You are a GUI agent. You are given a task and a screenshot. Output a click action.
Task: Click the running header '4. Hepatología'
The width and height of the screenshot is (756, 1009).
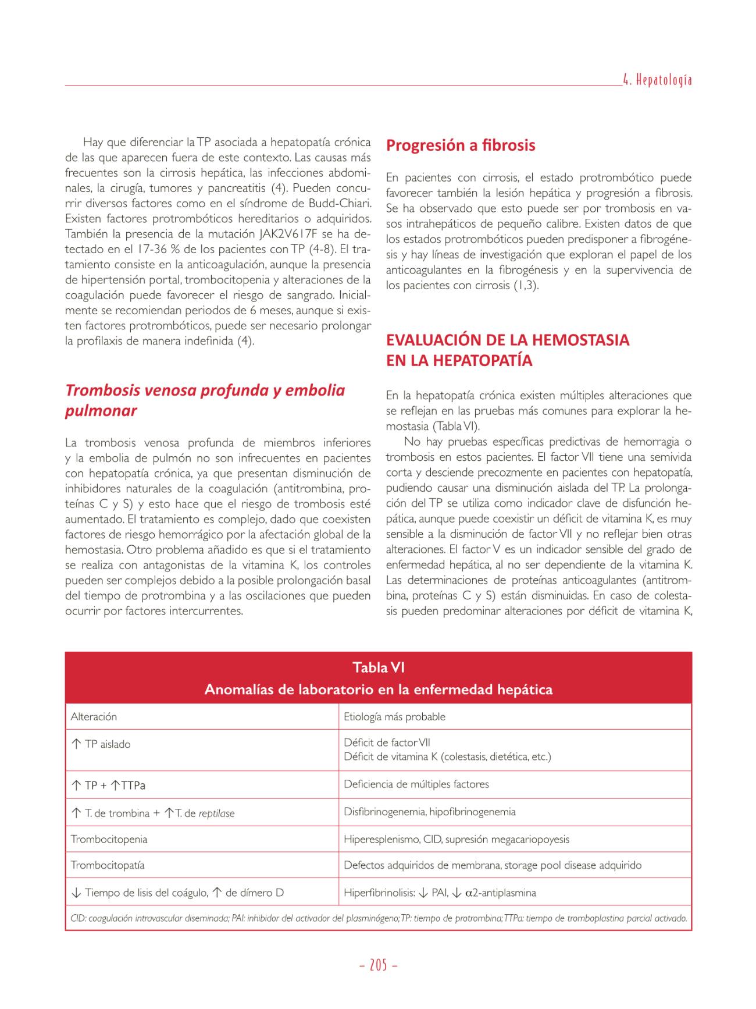coord(657,80)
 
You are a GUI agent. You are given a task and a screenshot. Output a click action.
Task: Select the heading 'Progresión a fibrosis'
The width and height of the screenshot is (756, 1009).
coord(461,145)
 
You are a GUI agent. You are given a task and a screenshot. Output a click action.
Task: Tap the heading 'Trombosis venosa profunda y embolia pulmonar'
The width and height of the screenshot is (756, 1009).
coord(205,400)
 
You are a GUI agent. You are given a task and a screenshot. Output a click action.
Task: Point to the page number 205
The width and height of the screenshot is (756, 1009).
coord(378,965)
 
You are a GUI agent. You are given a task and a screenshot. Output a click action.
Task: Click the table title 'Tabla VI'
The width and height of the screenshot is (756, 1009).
coord(378,668)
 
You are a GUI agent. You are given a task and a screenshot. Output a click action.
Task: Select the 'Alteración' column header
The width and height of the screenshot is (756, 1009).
coord(94,717)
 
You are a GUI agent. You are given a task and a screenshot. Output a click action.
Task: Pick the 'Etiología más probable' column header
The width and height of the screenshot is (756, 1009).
coord(394,717)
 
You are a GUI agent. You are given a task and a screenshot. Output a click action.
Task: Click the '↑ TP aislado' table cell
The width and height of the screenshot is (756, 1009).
coord(101,744)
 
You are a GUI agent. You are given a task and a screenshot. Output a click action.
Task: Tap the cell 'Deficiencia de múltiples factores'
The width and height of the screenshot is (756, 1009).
coord(416,784)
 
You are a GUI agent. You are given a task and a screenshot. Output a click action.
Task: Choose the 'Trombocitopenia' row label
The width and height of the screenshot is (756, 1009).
coord(109,839)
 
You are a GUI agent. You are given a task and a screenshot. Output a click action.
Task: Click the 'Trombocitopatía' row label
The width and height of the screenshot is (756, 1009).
coord(108,865)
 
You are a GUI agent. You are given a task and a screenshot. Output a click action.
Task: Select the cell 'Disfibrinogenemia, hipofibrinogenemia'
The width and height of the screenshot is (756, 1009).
coord(429,812)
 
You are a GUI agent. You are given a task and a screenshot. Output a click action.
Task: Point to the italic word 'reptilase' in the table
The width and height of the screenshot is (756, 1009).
coord(216,813)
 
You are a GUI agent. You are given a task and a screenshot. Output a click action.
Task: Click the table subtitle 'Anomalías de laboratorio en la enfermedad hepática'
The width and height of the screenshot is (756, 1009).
coord(378,690)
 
